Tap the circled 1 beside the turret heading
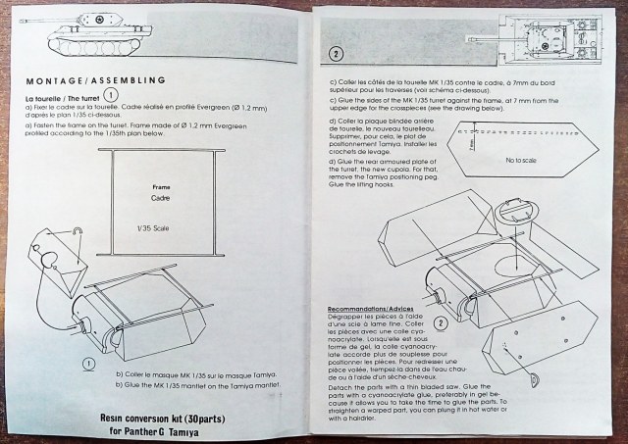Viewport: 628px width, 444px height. (x=111, y=96)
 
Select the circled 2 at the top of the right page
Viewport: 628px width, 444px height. (x=337, y=54)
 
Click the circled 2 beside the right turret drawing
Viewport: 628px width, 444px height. (x=441, y=323)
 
